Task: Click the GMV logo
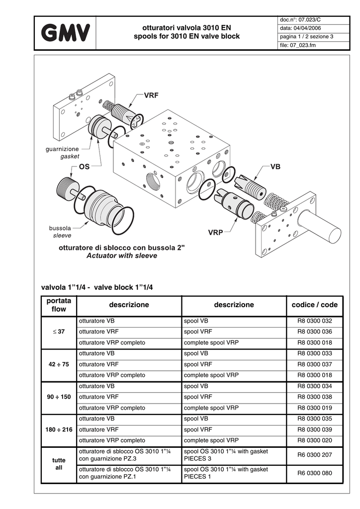(65, 33)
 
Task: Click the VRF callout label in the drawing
(151, 95)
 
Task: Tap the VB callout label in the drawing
(275, 167)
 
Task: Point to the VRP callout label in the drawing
(215, 233)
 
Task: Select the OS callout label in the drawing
(84, 167)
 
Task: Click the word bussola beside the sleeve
(60, 228)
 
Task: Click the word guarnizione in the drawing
(62, 149)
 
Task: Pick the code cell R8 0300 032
(315, 321)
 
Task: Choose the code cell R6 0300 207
(315, 455)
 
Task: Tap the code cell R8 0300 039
(315, 429)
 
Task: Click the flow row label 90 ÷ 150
(59, 397)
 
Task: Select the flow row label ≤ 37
(59, 332)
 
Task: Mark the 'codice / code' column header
(315, 305)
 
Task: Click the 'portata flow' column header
(59, 305)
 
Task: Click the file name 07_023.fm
(302, 45)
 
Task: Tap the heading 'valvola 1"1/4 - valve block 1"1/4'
(97, 287)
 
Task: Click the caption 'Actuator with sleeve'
(122, 255)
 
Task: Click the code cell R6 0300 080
(315, 473)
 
